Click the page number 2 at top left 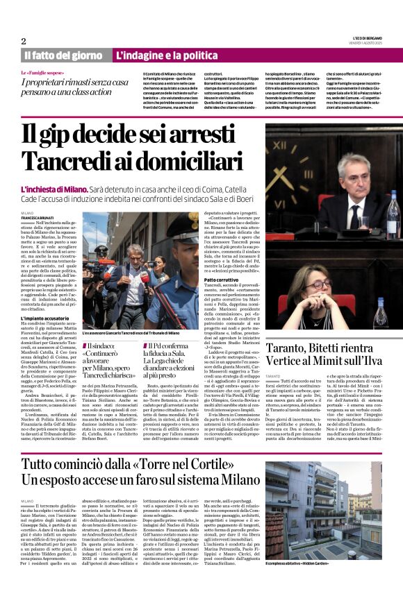pyautogui.click(x=23, y=41)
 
